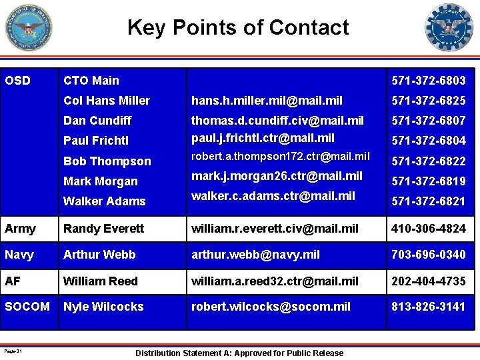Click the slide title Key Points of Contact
click(x=238, y=27)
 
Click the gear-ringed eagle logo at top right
click(x=449, y=28)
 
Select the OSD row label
click(x=17, y=81)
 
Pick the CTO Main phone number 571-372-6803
click(x=429, y=81)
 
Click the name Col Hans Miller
click(x=107, y=101)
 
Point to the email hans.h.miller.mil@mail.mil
click(x=267, y=101)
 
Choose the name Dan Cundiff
click(x=97, y=121)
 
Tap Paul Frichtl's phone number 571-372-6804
click(x=429, y=141)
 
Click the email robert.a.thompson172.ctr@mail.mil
click(x=280, y=157)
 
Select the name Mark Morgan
click(x=101, y=181)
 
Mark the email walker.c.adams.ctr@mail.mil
click(x=273, y=196)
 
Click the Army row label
click(x=20, y=229)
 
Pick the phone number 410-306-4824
click(x=429, y=229)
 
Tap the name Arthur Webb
click(x=99, y=255)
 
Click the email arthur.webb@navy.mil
click(x=255, y=255)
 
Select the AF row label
click(x=13, y=281)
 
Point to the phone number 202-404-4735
click(x=429, y=281)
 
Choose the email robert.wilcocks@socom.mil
click(x=271, y=307)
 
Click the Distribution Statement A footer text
click(x=239, y=353)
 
